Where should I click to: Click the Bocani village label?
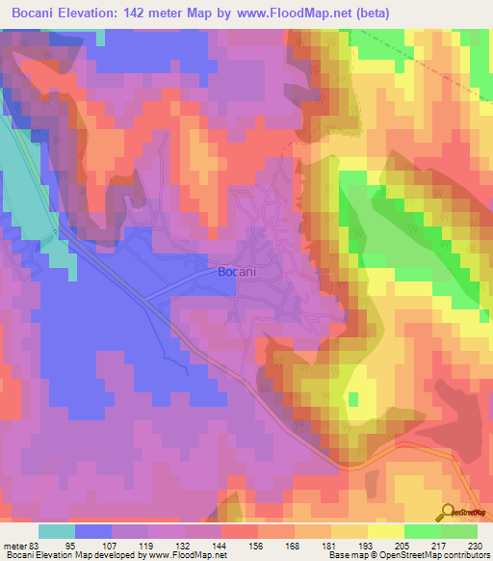[235, 273]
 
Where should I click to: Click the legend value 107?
[113, 546]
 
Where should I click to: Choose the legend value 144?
[221, 546]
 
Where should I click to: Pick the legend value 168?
[295, 546]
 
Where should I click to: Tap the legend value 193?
[368, 546]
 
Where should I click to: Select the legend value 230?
[476, 546]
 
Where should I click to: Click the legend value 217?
[440, 546]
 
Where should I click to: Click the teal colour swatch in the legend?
[57, 531]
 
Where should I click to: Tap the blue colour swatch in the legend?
[93, 531]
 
